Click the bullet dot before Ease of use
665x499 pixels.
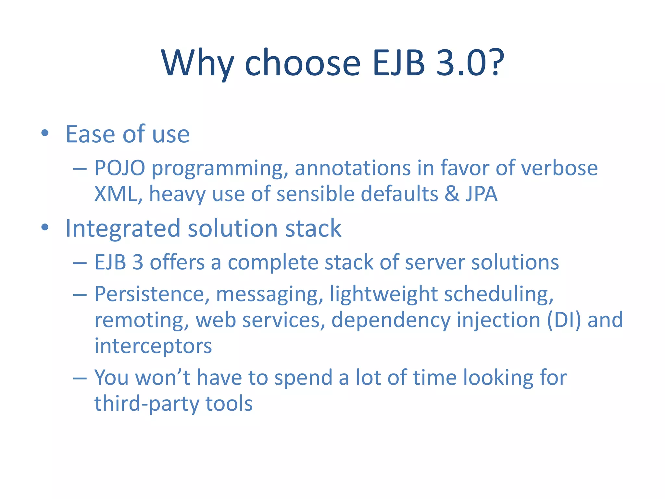45,133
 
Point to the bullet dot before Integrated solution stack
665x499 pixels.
45,227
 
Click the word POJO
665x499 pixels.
119,168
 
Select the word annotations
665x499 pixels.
353,168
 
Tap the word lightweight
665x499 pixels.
384,294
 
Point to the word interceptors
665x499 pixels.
153,346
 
